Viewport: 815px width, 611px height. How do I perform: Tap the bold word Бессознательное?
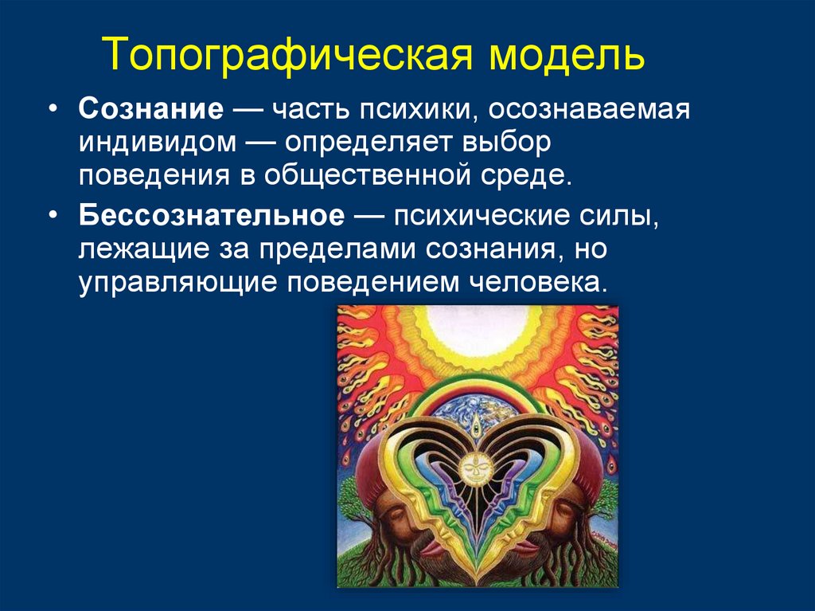coord(212,217)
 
